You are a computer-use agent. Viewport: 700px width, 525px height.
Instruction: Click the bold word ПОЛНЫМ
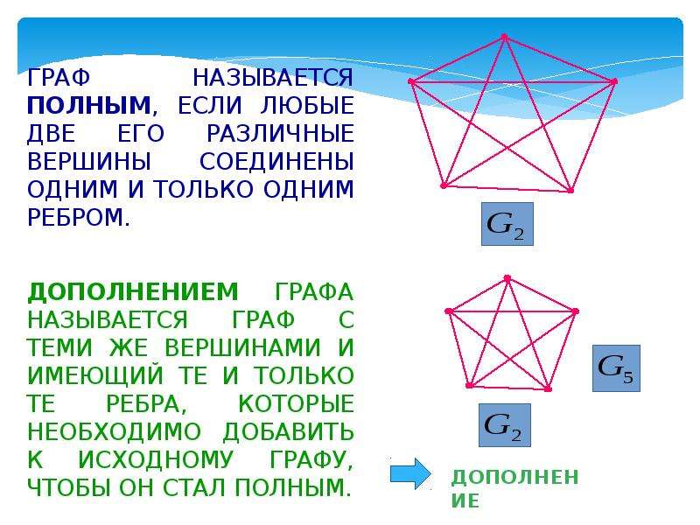tap(89, 106)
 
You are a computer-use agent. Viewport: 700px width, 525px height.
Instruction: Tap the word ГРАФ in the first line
tap(59, 78)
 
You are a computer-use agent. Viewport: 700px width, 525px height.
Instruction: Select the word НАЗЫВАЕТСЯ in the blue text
tap(273, 78)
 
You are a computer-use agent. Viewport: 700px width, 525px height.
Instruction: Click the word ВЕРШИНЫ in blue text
tap(89, 162)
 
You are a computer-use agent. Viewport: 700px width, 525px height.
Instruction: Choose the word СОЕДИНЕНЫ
tap(276, 162)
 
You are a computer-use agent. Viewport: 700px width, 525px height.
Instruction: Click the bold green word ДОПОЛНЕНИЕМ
tap(133, 292)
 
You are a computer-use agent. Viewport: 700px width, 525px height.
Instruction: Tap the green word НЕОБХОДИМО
tap(115, 431)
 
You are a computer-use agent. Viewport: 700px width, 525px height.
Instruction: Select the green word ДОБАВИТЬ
tap(289, 431)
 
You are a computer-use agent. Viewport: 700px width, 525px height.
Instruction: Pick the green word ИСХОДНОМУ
tap(156, 460)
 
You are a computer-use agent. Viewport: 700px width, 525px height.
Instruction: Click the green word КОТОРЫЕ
tap(296, 404)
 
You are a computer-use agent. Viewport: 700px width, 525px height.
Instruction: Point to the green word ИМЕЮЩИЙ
tap(95, 375)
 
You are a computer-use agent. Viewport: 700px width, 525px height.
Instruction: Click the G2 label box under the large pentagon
tap(507, 224)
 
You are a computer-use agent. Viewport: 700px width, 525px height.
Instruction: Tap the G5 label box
tap(616, 368)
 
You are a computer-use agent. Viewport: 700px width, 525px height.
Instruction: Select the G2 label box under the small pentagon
tap(505, 425)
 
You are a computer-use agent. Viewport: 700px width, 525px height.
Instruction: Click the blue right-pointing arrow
tap(410, 473)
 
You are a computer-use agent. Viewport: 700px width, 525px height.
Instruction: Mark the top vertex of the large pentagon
tap(505, 37)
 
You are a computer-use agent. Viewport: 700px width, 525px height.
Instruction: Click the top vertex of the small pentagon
tap(507, 278)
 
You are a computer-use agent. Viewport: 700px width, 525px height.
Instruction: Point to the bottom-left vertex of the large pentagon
tap(444, 185)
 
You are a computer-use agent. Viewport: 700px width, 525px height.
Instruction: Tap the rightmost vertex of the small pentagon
tap(575, 311)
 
